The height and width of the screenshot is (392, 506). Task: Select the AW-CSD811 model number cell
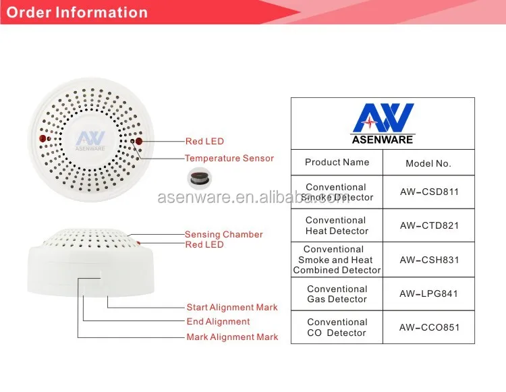[428, 192]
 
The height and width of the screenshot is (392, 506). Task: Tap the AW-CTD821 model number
[428, 225]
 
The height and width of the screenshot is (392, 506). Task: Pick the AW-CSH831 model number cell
[428, 260]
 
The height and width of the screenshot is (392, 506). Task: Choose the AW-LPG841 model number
[428, 294]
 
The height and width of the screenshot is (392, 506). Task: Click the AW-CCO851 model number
[428, 328]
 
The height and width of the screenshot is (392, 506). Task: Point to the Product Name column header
[337, 162]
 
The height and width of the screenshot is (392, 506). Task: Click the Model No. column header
[428, 163]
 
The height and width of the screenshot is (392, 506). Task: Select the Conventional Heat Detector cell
[337, 225]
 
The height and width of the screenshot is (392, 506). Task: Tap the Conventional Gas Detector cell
[337, 294]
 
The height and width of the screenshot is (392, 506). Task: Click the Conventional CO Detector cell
[337, 328]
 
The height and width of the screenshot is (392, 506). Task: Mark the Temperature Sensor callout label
[229, 159]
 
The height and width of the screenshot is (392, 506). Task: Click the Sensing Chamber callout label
[223, 235]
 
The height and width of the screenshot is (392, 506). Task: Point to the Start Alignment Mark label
[231, 308]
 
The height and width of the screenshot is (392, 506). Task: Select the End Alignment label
[218, 322]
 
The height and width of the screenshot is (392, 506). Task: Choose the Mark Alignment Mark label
[231, 337]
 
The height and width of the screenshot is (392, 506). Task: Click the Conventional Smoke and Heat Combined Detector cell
[337, 260]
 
